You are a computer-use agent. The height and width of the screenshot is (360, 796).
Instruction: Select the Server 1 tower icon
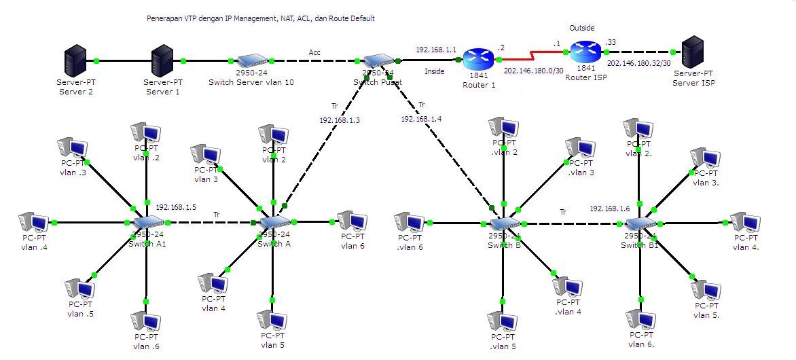pyautogui.click(x=162, y=61)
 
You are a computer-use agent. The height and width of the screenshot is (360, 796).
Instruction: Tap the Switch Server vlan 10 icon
pyautogui.click(x=251, y=61)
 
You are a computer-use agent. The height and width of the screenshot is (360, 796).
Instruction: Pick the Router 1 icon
pyautogui.click(x=479, y=58)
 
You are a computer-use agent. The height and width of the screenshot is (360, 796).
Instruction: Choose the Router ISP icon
pyautogui.click(x=584, y=52)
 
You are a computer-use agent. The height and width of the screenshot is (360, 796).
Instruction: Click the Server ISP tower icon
pyautogui.click(x=692, y=52)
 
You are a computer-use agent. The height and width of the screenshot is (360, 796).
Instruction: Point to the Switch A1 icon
pyautogui.click(x=147, y=223)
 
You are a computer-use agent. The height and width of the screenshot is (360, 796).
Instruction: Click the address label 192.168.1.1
pyautogui.click(x=436, y=50)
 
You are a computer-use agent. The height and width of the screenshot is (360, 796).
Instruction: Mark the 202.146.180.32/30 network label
pyautogui.click(x=638, y=63)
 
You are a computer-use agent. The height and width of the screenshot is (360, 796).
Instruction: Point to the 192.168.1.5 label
pyautogui.click(x=176, y=207)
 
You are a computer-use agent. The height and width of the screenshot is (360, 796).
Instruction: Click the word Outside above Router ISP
pyautogui.click(x=581, y=28)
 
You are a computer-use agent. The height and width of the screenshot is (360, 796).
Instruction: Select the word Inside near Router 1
pyautogui.click(x=435, y=71)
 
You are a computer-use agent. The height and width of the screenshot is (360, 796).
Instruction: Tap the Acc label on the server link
pyautogui.click(x=314, y=52)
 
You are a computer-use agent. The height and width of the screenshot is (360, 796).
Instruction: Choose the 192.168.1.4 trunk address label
pyautogui.click(x=421, y=118)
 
